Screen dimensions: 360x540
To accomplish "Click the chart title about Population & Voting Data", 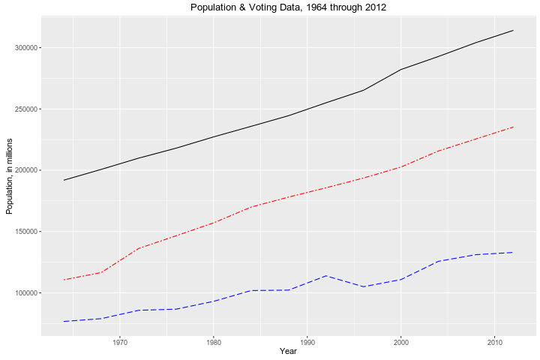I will tap(289, 7).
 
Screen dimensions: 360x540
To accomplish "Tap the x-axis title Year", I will tap(289, 351).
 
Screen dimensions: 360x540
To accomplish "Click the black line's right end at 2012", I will tap(513, 30).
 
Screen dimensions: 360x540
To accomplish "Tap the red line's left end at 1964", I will tap(64, 280).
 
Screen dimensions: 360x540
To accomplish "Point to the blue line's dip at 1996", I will tap(364, 286).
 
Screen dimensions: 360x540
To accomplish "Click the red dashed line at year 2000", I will tap(400, 167).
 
